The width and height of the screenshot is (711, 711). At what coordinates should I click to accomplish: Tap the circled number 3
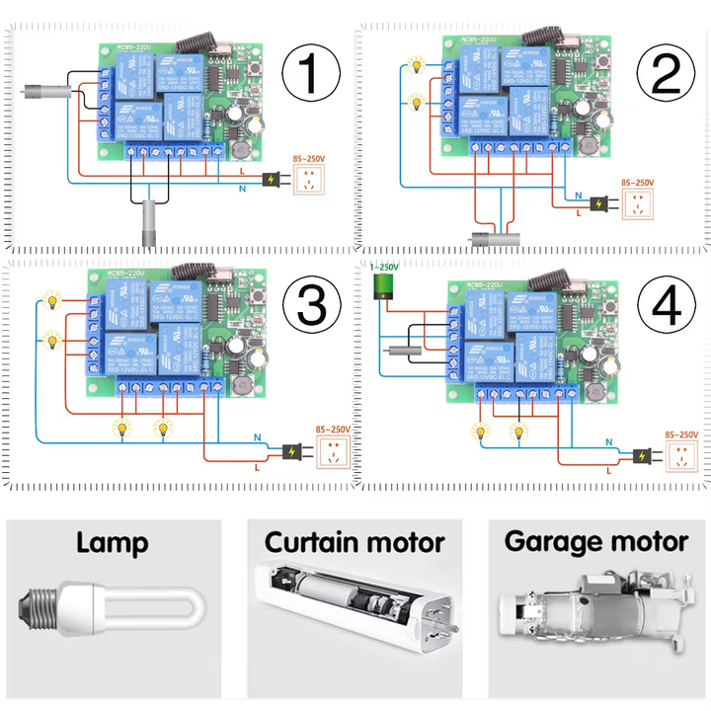coord(312,303)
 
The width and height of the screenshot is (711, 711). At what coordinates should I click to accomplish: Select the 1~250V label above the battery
coord(383,267)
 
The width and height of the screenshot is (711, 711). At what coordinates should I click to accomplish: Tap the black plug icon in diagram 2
coord(598,205)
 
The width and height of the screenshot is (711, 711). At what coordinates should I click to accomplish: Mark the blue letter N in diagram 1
coord(242,188)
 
